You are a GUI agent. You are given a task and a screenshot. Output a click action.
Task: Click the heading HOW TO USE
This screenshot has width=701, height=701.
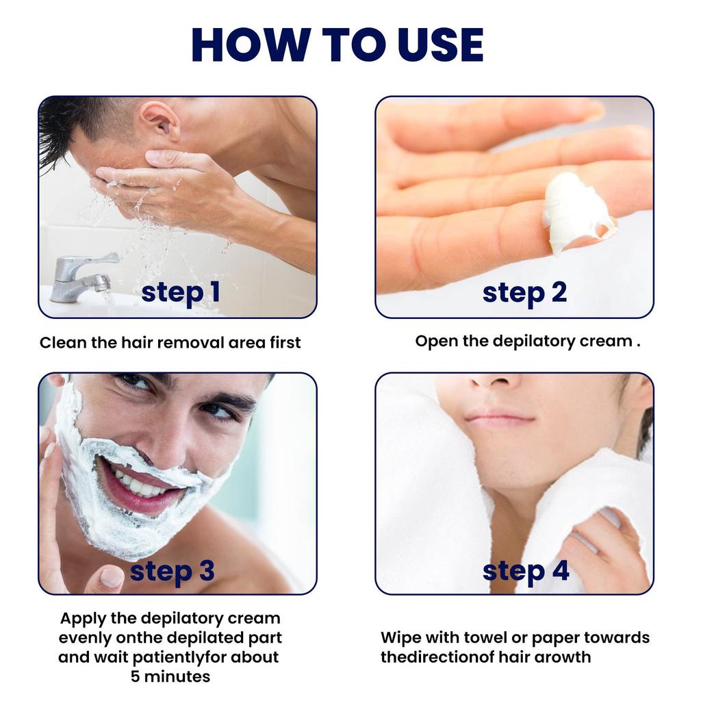338,44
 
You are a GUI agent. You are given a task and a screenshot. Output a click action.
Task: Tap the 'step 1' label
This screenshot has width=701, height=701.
181,292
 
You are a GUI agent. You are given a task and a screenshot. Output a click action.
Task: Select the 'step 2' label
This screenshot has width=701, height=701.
524,292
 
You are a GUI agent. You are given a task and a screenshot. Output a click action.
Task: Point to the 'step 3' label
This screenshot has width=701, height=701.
172,570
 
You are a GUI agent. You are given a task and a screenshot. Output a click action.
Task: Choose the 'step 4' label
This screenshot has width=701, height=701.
526,570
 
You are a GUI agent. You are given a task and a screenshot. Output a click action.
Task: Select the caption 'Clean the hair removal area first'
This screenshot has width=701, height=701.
170,342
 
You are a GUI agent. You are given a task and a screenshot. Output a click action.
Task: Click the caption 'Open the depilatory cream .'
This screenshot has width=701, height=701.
527,341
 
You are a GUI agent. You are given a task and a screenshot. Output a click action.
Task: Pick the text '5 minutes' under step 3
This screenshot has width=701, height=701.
170,677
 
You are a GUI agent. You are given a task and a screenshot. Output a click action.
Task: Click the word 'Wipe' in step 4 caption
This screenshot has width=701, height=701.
401,638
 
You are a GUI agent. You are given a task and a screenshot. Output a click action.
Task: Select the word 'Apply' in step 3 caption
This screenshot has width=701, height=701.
84,619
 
